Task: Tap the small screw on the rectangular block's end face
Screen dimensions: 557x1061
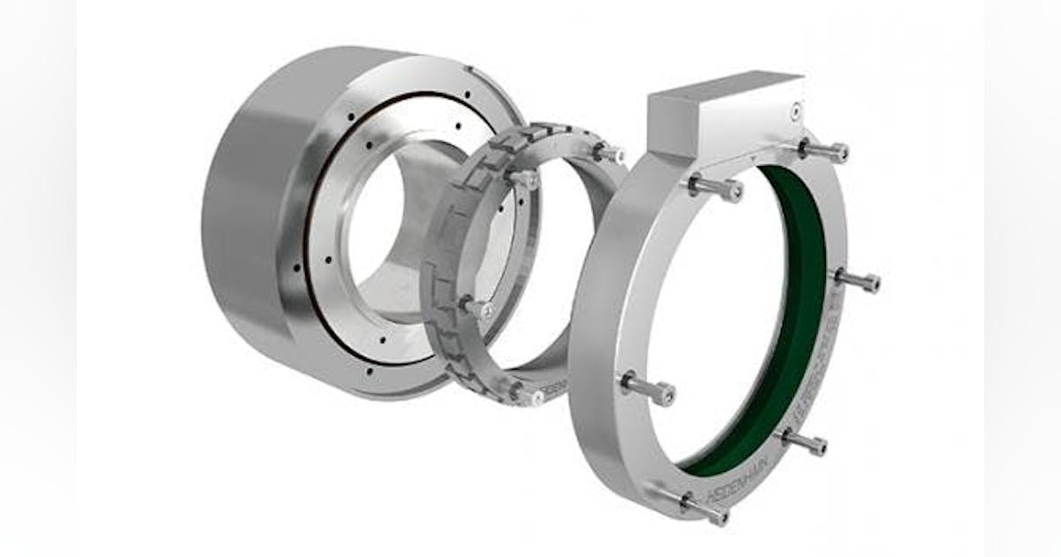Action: (795, 111)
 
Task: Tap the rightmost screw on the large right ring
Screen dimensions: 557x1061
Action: (858, 281)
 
